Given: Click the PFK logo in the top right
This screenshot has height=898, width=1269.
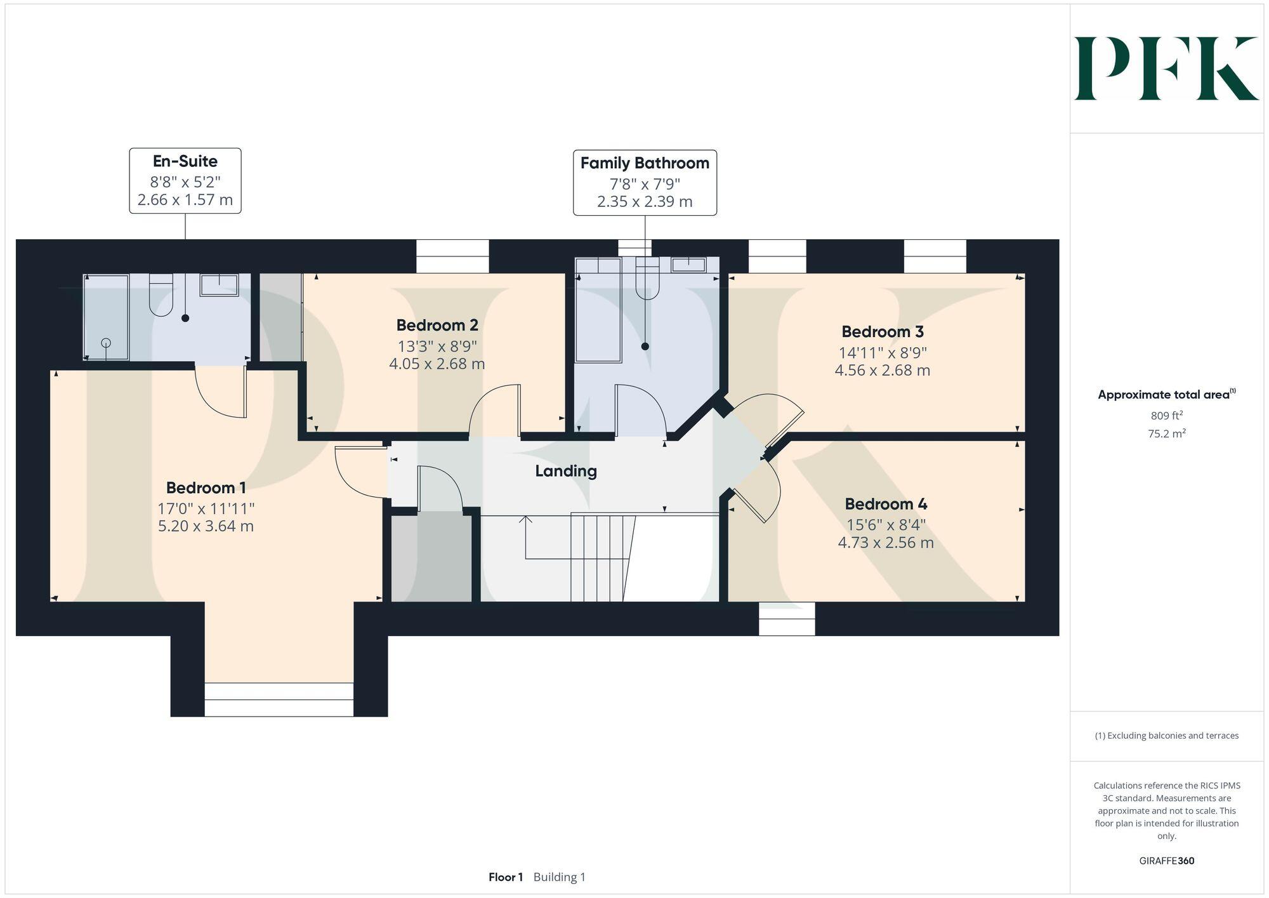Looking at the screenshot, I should point(1166,69).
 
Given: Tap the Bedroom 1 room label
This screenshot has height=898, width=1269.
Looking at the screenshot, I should point(206,487).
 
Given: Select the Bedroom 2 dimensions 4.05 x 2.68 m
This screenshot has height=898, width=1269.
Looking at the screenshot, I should point(437,364).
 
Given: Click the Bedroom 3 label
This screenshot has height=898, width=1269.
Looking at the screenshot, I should point(882,331).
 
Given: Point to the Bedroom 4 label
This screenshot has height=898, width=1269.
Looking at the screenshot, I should point(886,504).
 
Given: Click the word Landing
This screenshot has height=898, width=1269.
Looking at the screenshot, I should point(565,471).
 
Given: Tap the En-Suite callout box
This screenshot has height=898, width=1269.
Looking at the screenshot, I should point(185,181).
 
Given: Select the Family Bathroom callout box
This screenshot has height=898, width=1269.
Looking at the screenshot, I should point(645,183).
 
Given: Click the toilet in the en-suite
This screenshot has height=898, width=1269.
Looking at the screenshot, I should point(161,296).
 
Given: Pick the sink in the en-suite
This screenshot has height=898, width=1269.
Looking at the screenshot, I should point(219,285).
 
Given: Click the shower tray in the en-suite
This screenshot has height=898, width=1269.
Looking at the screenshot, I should point(106,317).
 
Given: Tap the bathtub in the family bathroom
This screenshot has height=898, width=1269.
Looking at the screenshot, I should point(598,311).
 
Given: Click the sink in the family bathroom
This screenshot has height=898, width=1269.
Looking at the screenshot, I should point(688,265).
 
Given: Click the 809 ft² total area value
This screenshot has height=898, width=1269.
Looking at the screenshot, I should point(1166,416).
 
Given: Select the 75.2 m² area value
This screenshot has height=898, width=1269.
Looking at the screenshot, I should point(1166,434).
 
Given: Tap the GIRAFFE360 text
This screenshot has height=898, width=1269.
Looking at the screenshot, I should point(1166,861).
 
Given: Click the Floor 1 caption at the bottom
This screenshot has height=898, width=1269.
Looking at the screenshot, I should point(506,877).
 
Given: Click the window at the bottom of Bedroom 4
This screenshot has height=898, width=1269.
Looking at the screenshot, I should point(787,619).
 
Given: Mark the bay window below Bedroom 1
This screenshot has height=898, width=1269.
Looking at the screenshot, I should point(279,699).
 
